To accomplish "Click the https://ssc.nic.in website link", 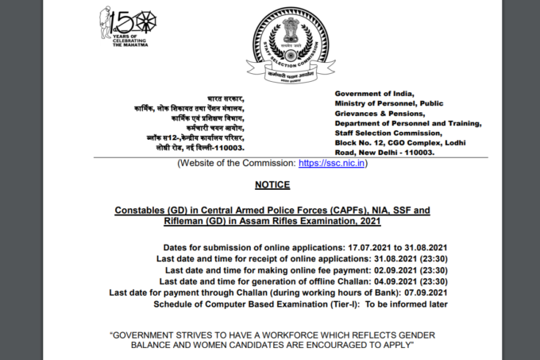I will pos(332,163).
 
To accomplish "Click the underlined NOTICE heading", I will pos(272,185).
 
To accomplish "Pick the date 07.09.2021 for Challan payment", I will pos(426,292).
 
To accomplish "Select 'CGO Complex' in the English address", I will pos(415,142).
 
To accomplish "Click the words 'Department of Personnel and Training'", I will pos(407,123).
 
